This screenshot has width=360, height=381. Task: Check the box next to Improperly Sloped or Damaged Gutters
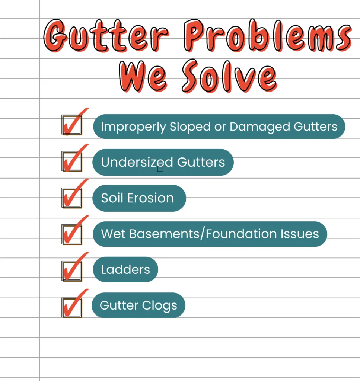pos(72,125)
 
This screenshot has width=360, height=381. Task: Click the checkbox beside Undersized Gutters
pos(72,161)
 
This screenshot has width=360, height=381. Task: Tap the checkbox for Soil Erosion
pos(72,198)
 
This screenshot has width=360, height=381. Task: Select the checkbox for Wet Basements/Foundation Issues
pos(72,234)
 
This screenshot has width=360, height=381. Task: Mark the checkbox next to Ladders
pos(72,270)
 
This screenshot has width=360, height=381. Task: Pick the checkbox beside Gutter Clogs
pos(72,307)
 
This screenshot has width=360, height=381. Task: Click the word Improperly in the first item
pos(134,127)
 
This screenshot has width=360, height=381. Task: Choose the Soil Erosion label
pos(137,198)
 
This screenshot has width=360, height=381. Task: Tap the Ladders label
pos(125,269)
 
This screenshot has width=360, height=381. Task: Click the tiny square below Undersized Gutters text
pos(160,169)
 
